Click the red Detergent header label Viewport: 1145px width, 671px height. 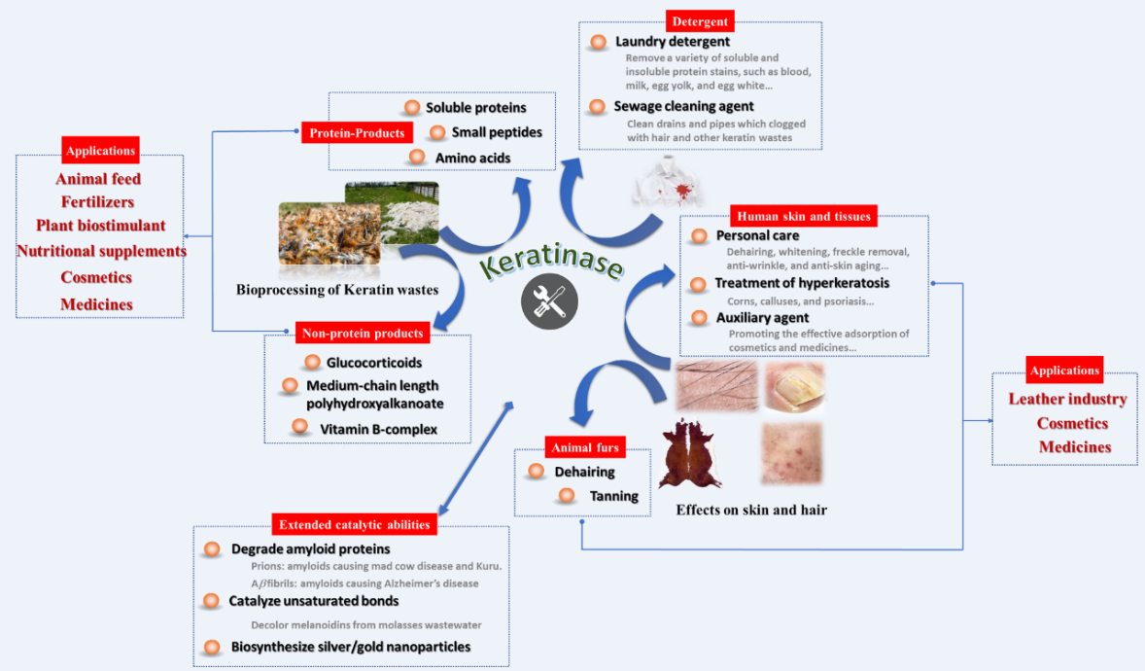[x=700, y=20]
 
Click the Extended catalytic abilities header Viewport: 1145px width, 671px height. [x=354, y=525]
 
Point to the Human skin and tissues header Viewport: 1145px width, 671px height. [x=804, y=216]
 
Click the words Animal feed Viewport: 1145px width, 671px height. [x=98, y=179]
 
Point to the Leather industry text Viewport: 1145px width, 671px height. [x=1067, y=399]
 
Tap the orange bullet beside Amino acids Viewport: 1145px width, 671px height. [x=417, y=158]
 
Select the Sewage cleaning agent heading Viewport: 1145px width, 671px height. [x=683, y=106]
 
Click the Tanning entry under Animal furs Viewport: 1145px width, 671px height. [x=614, y=496]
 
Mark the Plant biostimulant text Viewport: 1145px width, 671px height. [x=101, y=226]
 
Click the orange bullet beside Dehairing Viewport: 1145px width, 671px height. [x=536, y=472]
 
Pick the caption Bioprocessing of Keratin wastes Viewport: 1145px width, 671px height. [x=337, y=290]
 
